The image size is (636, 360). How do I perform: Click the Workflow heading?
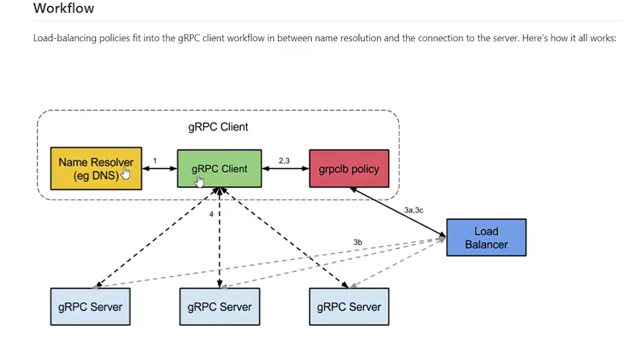63,8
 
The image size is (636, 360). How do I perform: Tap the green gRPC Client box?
219,169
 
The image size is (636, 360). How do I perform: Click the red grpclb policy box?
349,169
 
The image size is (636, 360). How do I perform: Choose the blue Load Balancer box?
486,238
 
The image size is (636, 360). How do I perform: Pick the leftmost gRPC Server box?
90,307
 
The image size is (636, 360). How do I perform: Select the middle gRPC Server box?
219,307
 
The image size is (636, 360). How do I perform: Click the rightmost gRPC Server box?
349,307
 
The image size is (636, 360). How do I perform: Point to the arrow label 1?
154,160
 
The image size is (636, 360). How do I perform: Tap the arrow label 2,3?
284,160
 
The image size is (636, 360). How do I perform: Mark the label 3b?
358,242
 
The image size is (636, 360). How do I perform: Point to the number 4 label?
211,214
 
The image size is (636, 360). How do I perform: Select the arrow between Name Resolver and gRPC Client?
159,169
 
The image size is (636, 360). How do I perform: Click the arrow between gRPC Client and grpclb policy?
285,169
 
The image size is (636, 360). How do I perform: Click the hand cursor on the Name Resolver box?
125,174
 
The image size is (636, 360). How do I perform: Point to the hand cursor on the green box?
199,181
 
